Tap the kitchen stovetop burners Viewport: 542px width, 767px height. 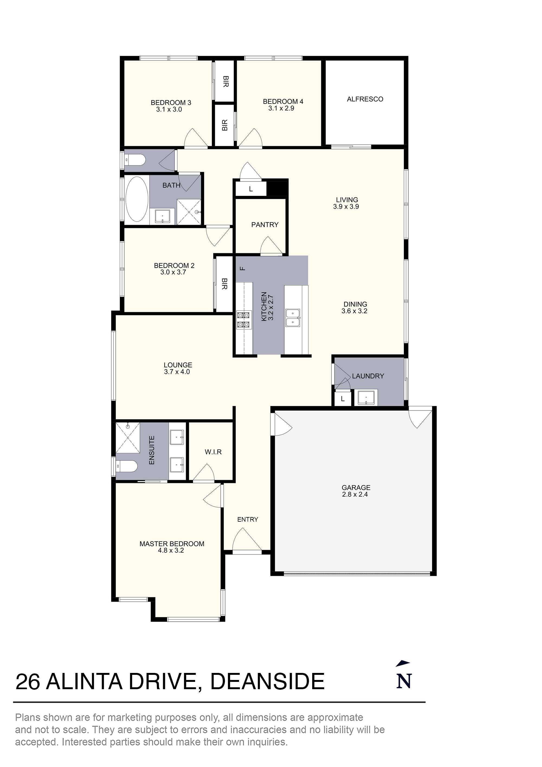(x=243, y=319)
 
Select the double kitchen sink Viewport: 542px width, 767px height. (x=293, y=318)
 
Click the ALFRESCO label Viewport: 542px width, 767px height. (x=365, y=99)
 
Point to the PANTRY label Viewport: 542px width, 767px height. (x=265, y=225)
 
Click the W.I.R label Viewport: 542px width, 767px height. (x=213, y=452)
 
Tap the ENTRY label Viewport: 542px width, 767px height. (x=247, y=519)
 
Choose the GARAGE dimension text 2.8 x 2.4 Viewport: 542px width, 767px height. (x=355, y=495)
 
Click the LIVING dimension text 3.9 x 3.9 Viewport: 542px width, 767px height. (x=346, y=207)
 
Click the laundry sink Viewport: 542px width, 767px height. (x=366, y=397)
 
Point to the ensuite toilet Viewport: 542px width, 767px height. (x=127, y=466)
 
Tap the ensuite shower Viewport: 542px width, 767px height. (x=128, y=438)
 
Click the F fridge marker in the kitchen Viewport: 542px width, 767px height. (x=243, y=268)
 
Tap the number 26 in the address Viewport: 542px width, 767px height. (x=28, y=682)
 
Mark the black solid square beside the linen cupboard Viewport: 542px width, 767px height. (x=277, y=188)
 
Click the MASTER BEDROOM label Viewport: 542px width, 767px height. (x=172, y=544)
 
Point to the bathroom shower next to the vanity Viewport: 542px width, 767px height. (x=189, y=212)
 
